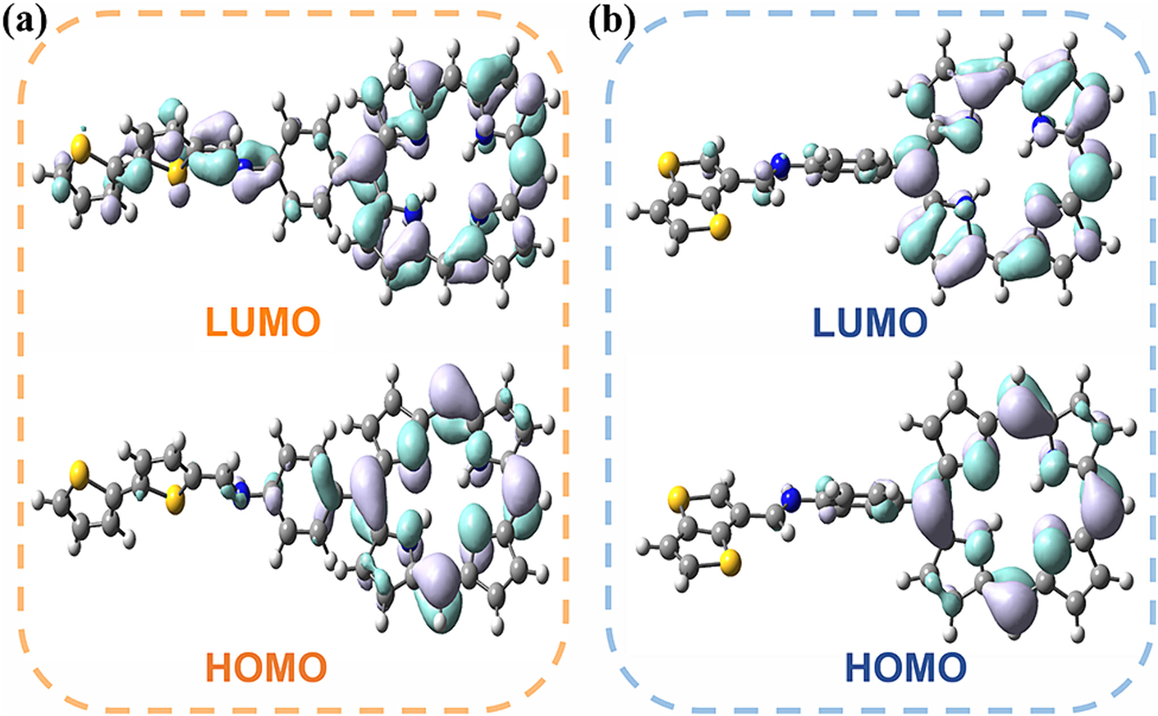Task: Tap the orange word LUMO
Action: click(263, 322)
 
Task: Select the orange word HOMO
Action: click(266, 667)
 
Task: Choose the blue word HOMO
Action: click(906, 667)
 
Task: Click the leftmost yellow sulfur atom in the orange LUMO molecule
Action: click(81, 149)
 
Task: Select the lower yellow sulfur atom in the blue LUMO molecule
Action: click(720, 227)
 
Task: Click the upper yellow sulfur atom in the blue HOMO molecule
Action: click(678, 500)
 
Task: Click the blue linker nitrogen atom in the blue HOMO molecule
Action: click(790, 499)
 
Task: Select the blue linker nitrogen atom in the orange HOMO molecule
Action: click(242, 492)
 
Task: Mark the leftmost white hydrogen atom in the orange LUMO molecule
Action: click(39, 172)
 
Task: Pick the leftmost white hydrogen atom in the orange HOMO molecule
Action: click(38, 502)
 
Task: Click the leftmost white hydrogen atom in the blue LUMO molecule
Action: click(633, 213)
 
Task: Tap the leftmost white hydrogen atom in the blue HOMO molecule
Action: click(642, 547)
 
